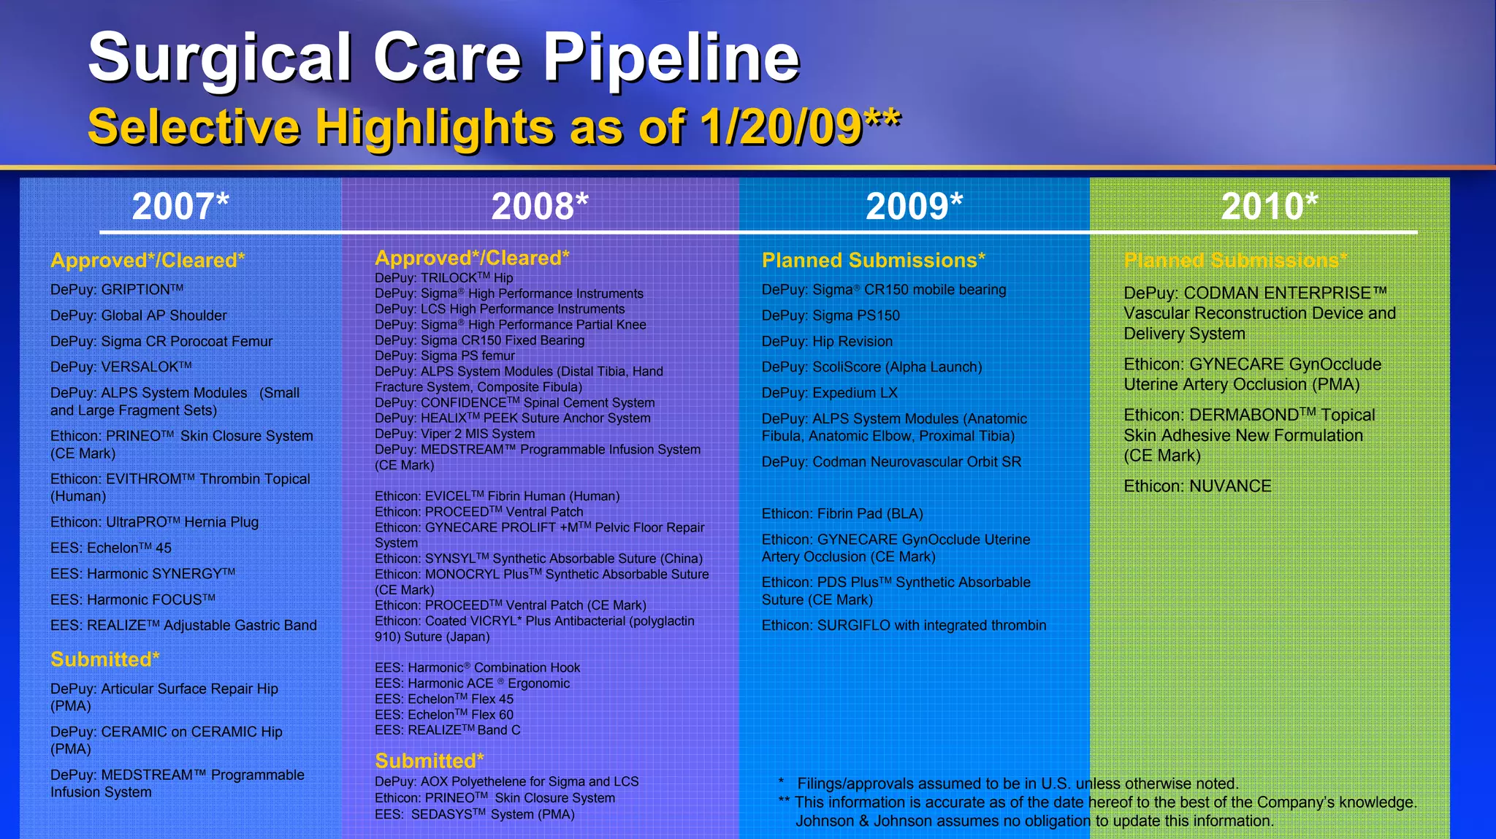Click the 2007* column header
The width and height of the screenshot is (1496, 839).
(180, 206)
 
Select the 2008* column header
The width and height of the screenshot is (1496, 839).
(540, 206)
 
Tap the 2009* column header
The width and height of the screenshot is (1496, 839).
(914, 206)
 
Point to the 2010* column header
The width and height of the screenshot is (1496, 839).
(1270, 206)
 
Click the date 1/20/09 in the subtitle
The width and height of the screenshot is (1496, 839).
(781, 127)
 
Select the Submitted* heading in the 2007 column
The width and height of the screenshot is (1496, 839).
(104, 659)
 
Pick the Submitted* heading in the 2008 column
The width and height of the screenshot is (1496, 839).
(429, 761)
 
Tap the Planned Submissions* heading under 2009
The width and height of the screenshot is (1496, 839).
(873, 260)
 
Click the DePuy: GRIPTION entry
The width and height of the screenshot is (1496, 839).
(116, 290)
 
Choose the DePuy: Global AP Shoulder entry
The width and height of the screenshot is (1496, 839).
(138, 315)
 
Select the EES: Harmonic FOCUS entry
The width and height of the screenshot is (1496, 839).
(132, 599)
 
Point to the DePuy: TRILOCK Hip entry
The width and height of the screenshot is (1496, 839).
(443, 278)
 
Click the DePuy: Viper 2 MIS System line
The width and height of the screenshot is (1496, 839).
(454, 434)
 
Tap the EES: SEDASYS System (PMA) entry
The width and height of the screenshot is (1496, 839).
(474, 814)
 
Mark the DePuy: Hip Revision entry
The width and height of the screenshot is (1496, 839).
(827, 341)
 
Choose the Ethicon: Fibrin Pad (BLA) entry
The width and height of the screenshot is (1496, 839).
(842, 513)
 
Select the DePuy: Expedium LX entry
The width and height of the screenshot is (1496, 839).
(829, 393)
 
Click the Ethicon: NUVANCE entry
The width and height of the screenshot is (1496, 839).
(1197, 486)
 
